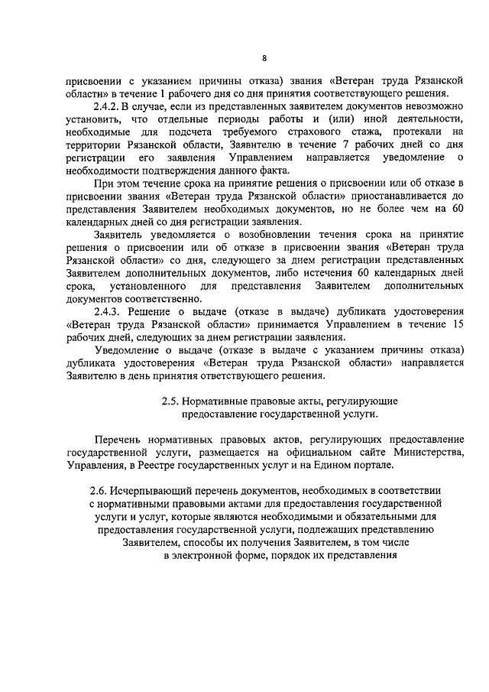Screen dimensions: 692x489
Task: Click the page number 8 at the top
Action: pyautogui.click(x=264, y=58)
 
